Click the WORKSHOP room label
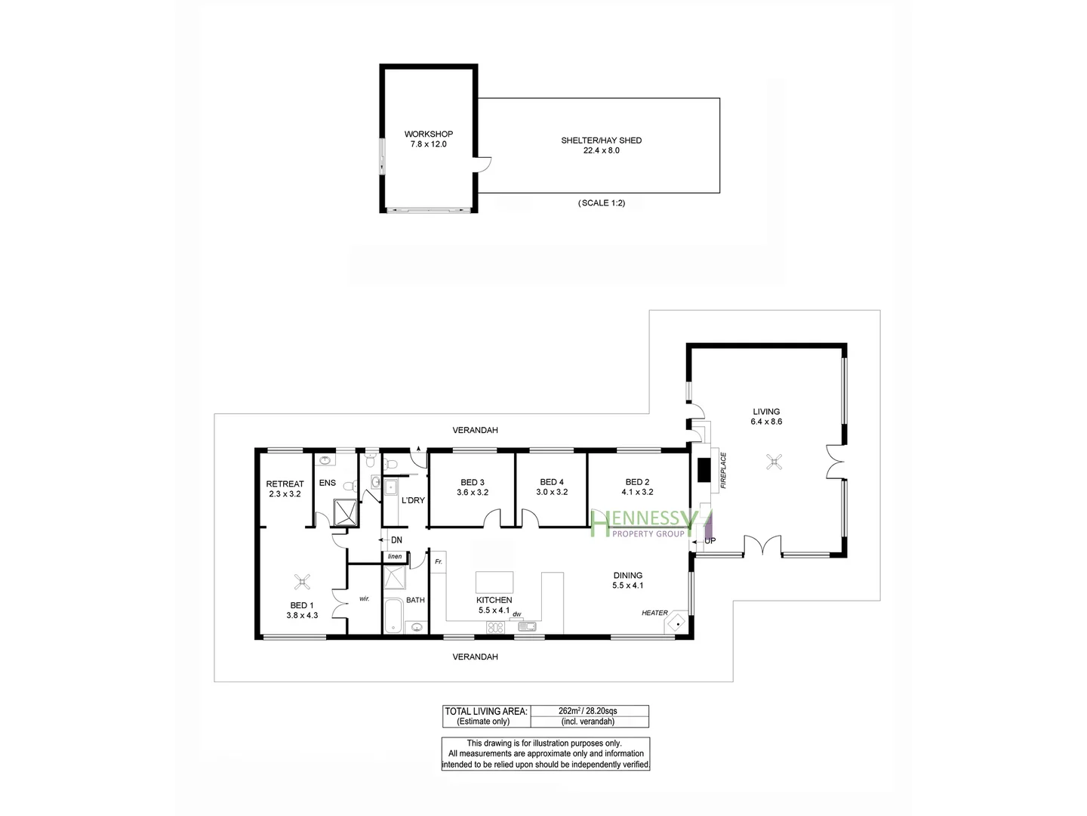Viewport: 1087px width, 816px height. pyautogui.click(x=428, y=134)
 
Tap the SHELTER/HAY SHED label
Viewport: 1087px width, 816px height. pyautogui.click(x=601, y=141)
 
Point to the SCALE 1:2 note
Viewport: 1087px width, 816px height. pyautogui.click(x=601, y=203)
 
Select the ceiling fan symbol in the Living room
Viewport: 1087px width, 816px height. pyautogui.click(x=774, y=462)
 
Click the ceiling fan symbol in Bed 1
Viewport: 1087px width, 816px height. pyautogui.click(x=303, y=581)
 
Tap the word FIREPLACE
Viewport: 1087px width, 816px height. pyautogui.click(x=723, y=471)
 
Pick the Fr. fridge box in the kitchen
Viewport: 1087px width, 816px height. pyautogui.click(x=439, y=562)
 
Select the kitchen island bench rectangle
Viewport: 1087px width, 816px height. pyautogui.click(x=494, y=582)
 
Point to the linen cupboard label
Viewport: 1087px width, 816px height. pyautogui.click(x=395, y=557)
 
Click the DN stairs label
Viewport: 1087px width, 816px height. pyautogui.click(x=396, y=540)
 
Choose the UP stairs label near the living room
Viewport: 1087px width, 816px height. pyautogui.click(x=710, y=541)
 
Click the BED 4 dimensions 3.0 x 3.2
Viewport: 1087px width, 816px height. pyautogui.click(x=552, y=492)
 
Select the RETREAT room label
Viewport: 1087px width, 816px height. pyautogui.click(x=285, y=484)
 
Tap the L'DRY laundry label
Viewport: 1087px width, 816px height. pyautogui.click(x=413, y=500)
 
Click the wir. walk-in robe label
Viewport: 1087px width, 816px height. pyautogui.click(x=364, y=598)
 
